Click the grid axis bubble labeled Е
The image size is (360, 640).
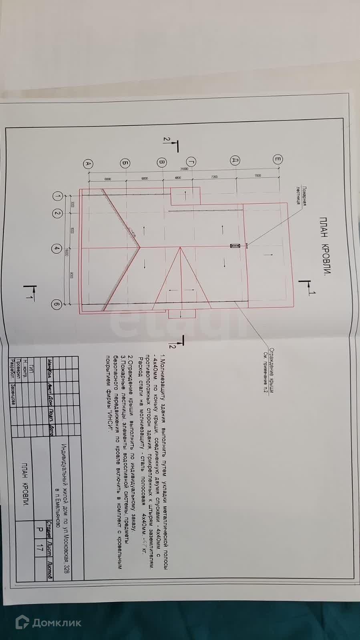tap(277, 159)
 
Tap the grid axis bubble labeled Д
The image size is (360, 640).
tap(235, 160)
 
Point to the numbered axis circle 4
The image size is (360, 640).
tap(56, 249)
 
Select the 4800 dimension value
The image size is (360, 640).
tap(178, 178)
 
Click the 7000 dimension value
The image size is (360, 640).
tap(257, 176)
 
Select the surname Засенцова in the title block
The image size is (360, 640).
tap(13, 395)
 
